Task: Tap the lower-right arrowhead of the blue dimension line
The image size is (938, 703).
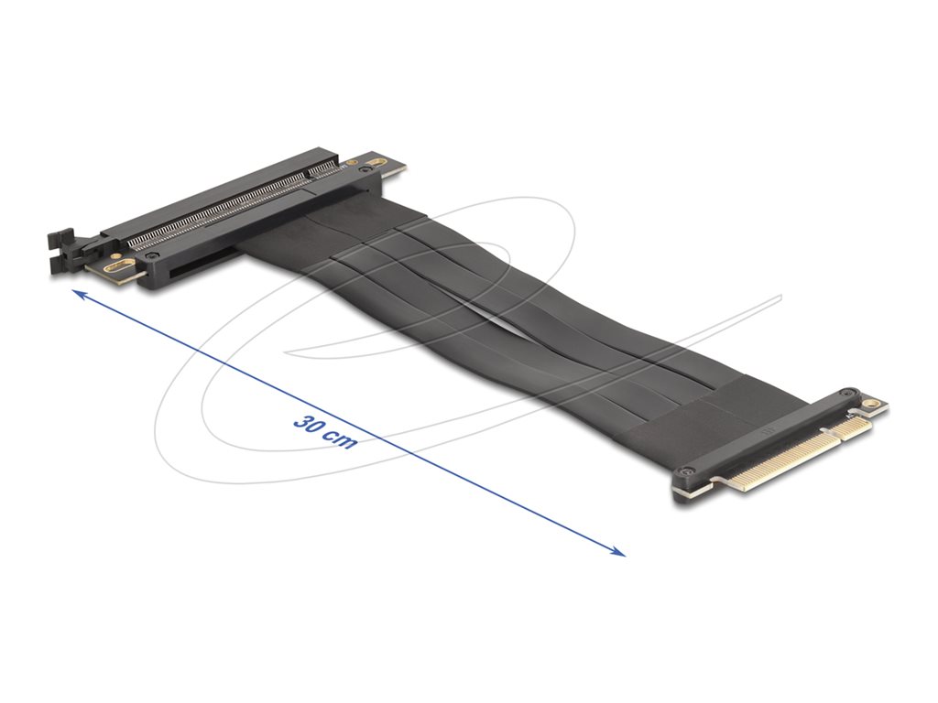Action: (x=620, y=552)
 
